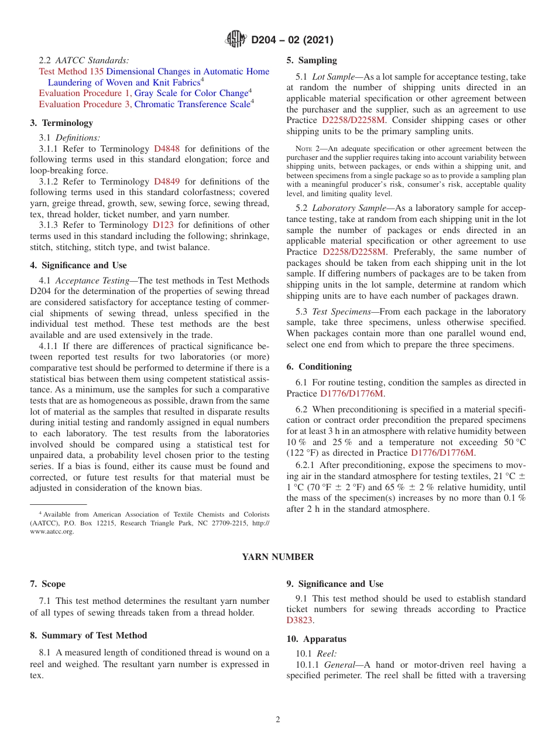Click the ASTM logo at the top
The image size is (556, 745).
tap(236, 40)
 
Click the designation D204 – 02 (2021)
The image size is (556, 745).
tap(292, 40)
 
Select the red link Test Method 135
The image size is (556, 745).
tap(71, 71)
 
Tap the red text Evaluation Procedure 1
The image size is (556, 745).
tap(85, 93)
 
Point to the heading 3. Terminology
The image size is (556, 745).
tap(61, 123)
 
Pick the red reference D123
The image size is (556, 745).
tap(163, 225)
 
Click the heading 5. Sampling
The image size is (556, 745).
tap(311, 60)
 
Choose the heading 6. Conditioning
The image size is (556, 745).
tap(319, 367)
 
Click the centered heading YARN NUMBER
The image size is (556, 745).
tap(278, 557)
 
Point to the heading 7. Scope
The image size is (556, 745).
tap(47, 584)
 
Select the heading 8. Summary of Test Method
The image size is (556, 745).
tap(88, 635)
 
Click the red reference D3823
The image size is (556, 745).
tap(300, 620)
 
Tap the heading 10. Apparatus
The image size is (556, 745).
tap(316, 639)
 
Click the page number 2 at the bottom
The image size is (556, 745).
tap(278, 720)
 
